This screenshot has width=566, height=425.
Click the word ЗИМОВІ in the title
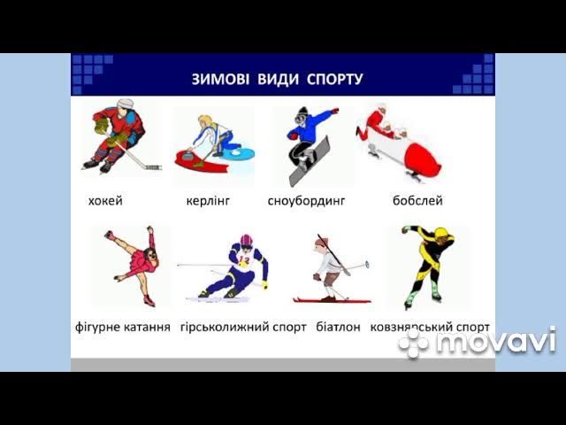[220, 79]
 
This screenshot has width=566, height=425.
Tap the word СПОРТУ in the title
[334, 79]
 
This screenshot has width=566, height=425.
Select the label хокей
[105, 201]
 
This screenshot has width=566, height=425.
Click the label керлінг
[208, 201]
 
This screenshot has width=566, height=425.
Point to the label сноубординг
[307, 201]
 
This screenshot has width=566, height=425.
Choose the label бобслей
[417, 200]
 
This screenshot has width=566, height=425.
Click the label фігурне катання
[123, 327]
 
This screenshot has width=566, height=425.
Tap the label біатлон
[338, 327]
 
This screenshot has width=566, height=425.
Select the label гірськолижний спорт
[243, 327]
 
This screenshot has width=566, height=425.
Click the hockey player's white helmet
[125, 104]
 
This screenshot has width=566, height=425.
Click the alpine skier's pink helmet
[247, 240]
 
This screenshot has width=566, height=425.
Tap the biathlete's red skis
[332, 300]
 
